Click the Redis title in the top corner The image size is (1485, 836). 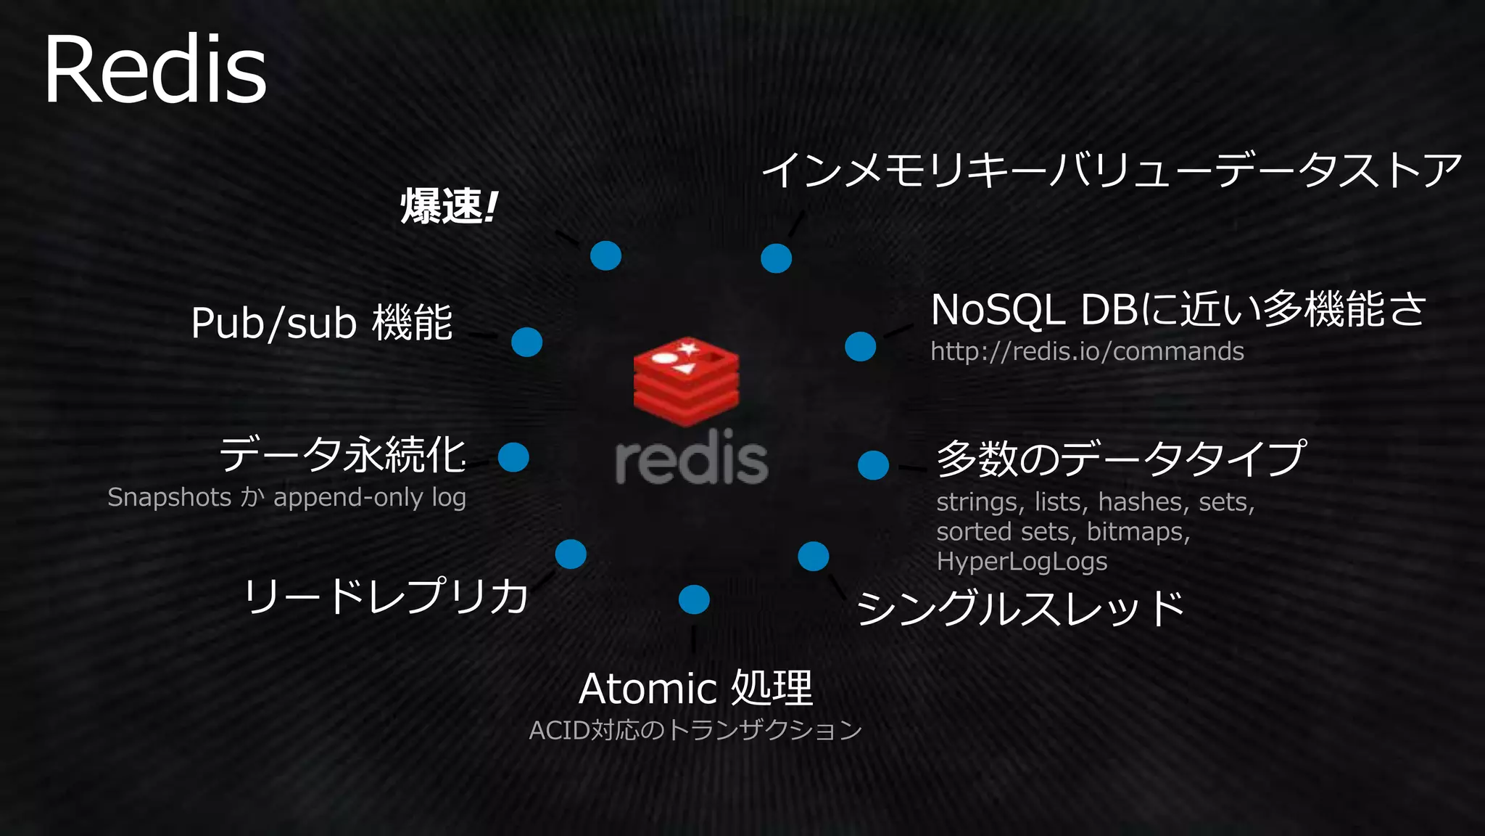[x=155, y=70]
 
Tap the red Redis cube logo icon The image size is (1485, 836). [x=686, y=380]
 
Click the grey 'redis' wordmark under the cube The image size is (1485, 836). [x=691, y=458]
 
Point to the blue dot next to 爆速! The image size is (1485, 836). [x=605, y=255]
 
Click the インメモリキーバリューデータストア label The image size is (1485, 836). [x=1111, y=171]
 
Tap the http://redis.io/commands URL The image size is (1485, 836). [x=1087, y=351]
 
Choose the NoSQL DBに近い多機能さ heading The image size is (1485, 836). [x=1178, y=309]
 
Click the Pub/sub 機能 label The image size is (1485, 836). [x=321, y=323]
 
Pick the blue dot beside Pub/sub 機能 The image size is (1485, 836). [x=526, y=342]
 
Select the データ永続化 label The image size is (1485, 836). [x=342, y=455]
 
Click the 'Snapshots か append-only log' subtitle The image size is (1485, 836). [x=286, y=498]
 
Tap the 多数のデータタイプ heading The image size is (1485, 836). [x=1120, y=459]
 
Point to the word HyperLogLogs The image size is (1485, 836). [x=1022, y=562]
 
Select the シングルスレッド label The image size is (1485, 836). [x=1020, y=608]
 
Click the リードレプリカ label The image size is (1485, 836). [x=386, y=597]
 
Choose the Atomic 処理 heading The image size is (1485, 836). [x=695, y=688]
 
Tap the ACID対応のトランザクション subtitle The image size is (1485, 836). [x=695, y=730]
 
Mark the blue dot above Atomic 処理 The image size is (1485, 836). [x=694, y=599]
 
